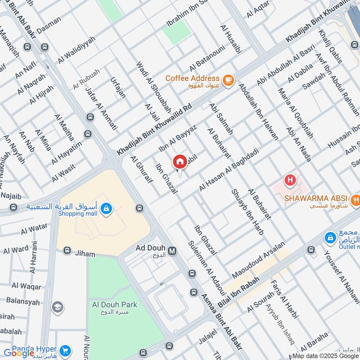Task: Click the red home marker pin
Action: click(x=179, y=162)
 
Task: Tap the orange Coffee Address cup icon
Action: click(x=229, y=80)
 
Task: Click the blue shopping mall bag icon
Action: click(x=106, y=209)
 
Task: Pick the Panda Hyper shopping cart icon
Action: click(x=65, y=350)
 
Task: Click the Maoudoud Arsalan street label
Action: click(x=259, y=260)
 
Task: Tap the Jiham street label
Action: click(x=85, y=254)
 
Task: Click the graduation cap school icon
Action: click(x=57, y=307)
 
